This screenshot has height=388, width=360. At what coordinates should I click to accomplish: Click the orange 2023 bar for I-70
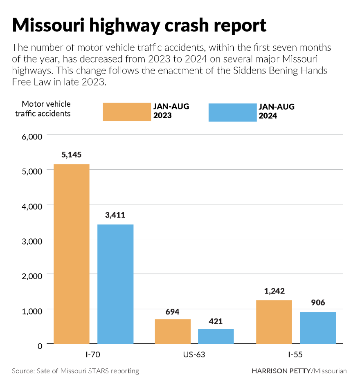pos(72,253)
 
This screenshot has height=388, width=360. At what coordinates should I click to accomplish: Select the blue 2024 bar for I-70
pos(115,284)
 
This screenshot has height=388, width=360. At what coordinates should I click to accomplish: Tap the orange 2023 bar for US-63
pos(173,331)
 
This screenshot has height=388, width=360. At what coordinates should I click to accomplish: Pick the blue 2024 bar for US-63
pos(216,336)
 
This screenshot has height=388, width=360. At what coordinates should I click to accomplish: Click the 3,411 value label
pos(115,215)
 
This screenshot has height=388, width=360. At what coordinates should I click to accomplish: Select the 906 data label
pos(318,303)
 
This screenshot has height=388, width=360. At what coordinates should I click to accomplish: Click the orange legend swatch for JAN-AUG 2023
pos(126,112)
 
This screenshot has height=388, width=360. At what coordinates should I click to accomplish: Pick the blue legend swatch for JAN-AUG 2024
pos(232,112)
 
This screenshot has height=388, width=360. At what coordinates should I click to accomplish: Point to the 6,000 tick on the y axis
pos(32,137)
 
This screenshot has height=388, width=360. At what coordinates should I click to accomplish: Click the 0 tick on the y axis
pos(40,346)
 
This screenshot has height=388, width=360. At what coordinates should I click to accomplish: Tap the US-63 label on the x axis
pos(194,354)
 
